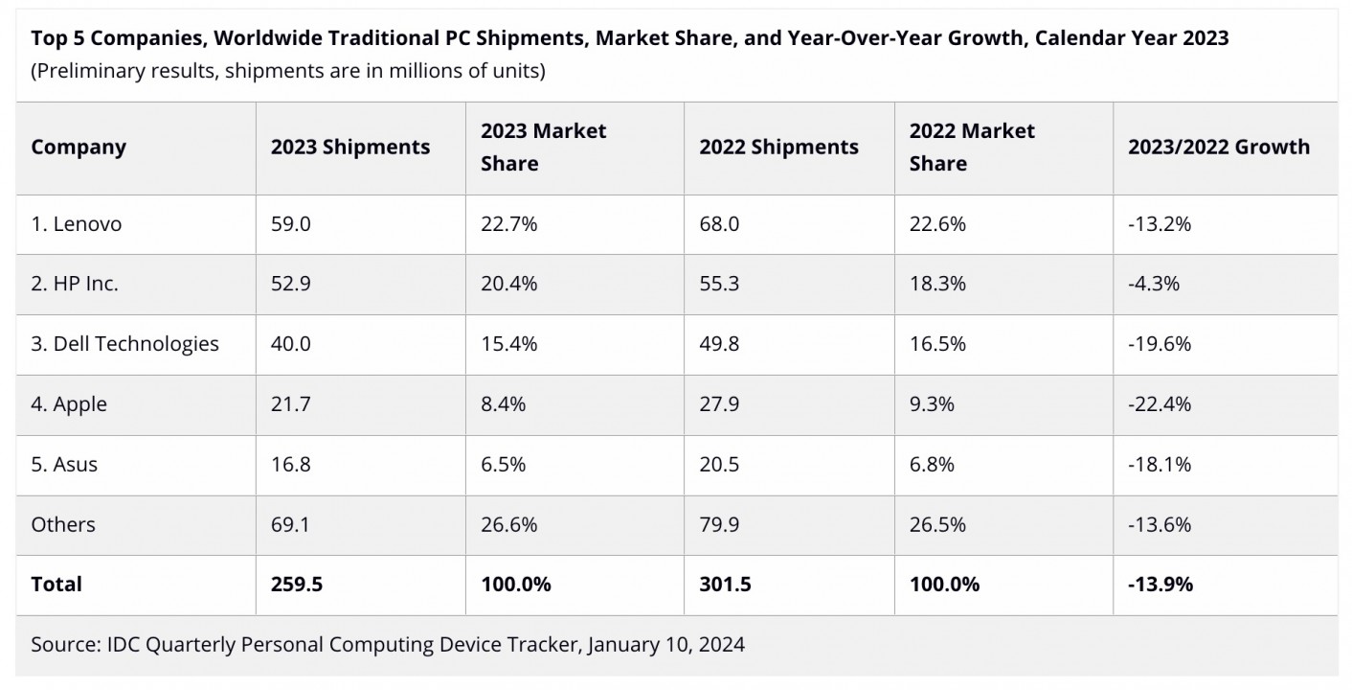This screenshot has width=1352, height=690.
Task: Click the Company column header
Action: (79, 148)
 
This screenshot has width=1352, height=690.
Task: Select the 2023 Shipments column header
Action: (350, 148)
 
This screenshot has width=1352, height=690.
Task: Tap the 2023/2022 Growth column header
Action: (1218, 148)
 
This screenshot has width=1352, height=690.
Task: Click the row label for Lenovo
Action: (77, 224)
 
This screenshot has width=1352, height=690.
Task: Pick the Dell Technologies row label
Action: (124, 344)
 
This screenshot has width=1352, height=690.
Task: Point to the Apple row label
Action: (69, 404)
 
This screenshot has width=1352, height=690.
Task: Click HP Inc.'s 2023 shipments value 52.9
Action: (290, 284)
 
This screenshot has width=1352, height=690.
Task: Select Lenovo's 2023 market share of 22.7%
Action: (508, 224)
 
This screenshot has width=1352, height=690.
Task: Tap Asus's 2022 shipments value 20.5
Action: (719, 465)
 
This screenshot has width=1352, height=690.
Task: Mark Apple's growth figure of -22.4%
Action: (1160, 404)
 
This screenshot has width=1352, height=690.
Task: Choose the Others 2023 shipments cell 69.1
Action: (290, 525)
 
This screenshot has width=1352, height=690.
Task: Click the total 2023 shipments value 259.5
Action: (296, 585)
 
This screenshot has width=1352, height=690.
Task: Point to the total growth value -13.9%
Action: (1160, 585)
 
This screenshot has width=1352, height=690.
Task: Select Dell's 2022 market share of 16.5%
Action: (937, 344)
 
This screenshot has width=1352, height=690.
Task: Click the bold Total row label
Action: (56, 585)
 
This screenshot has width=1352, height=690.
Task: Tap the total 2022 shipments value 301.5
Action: (725, 585)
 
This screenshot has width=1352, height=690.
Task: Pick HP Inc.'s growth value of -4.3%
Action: (1154, 284)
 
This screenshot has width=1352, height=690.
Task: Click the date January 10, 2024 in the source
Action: (665, 645)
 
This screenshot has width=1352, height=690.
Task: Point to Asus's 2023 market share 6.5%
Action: (503, 465)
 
